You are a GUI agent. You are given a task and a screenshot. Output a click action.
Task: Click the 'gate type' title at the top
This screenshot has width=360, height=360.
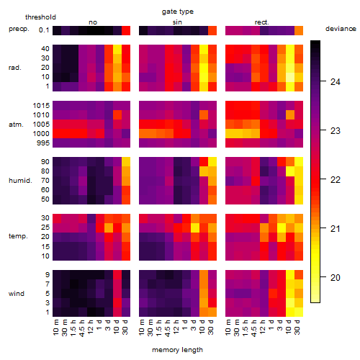[x=178, y=12]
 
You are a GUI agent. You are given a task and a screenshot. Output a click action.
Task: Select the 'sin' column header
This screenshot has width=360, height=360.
[x=177, y=22]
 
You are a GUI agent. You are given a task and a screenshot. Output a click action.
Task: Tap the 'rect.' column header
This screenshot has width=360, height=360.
[x=262, y=22]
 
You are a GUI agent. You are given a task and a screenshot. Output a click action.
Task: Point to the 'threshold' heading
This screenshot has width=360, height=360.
[x=40, y=17]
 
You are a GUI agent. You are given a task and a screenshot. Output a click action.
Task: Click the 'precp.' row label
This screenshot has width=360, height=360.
[x=19, y=29]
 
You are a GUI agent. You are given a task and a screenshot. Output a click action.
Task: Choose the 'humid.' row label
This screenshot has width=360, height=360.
[x=20, y=181]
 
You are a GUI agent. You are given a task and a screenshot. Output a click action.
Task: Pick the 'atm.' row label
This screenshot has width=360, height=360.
[x=16, y=125]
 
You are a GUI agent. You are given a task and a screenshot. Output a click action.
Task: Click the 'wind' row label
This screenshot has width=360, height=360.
[x=17, y=294]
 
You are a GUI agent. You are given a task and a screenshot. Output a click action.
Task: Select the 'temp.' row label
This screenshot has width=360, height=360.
[x=18, y=236]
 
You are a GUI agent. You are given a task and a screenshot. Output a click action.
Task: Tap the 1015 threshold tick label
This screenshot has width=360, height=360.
[x=41, y=106]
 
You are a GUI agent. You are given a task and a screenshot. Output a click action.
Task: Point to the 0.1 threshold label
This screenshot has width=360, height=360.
[x=44, y=30]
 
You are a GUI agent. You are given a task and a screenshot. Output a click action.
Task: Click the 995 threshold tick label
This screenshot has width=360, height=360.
[x=43, y=143]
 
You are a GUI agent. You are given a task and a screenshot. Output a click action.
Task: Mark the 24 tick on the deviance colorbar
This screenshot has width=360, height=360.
[x=336, y=82]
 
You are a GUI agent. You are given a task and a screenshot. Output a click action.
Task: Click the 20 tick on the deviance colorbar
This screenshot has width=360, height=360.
[x=336, y=278]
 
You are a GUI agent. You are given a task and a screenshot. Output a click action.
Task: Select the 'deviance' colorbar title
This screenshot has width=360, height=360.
[x=341, y=29]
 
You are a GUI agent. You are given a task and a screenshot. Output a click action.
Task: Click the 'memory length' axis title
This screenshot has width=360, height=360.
[x=178, y=350]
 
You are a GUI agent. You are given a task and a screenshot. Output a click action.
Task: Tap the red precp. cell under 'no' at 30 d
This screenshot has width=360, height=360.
[x=126, y=31]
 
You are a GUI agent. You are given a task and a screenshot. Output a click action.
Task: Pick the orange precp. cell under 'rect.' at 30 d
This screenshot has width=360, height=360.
[x=299, y=31]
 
